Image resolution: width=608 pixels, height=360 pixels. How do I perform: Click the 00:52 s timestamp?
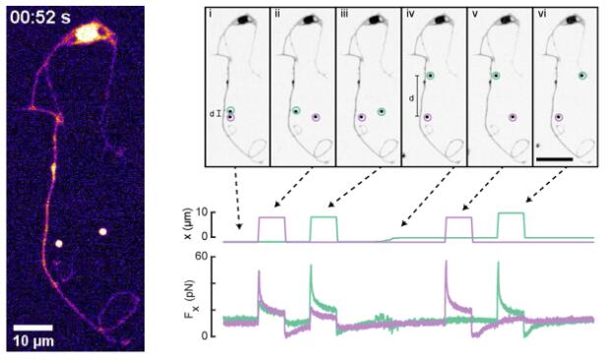[40, 18]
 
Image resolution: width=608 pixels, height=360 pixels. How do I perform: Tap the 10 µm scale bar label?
[33, 341]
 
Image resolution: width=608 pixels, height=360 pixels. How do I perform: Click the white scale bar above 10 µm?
[33, 328]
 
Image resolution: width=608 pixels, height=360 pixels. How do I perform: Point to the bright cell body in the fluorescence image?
[89, 32]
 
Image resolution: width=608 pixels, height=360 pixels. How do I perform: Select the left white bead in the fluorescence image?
[59, 243]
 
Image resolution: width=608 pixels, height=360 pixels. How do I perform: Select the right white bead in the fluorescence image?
[102, 232]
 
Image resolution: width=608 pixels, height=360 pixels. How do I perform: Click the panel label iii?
[344, 15]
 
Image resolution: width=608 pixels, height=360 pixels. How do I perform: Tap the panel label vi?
[542, 15]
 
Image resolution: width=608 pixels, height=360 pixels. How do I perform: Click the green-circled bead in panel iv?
[430, 76]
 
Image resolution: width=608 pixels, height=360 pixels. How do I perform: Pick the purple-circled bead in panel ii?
[316, 117]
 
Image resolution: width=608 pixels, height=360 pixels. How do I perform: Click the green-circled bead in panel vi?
[582, 76]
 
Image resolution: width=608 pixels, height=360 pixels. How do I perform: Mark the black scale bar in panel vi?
[555, 159]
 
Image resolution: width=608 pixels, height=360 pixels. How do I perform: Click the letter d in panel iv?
[411, 98]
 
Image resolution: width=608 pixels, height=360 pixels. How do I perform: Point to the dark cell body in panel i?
[244, 20]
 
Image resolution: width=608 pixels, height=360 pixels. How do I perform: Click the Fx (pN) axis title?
[191, 299]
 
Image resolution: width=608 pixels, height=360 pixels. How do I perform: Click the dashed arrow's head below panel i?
[239, 226]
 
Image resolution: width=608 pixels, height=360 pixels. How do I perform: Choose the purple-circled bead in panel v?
[513, 117]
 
